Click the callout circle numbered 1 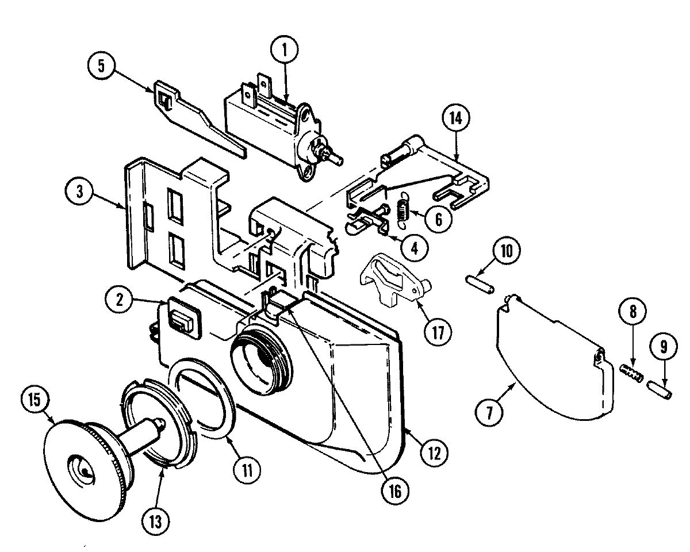click(286, 51)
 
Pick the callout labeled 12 click(434, 453)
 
